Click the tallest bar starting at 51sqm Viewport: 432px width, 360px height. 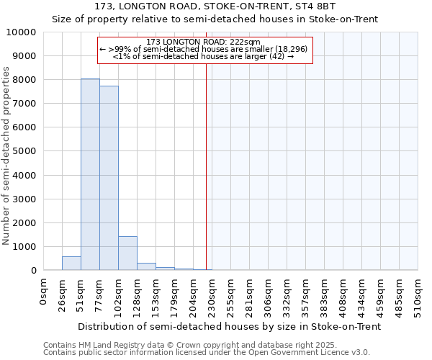(90, 174)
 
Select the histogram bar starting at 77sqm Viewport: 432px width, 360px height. (109, 178)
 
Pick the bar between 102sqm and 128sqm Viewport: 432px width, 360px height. (127, 253)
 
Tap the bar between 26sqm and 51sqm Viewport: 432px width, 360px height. (71, 264)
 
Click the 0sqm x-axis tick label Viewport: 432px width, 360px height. (44, 293)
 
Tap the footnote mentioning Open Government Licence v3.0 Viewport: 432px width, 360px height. (207, 353)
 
